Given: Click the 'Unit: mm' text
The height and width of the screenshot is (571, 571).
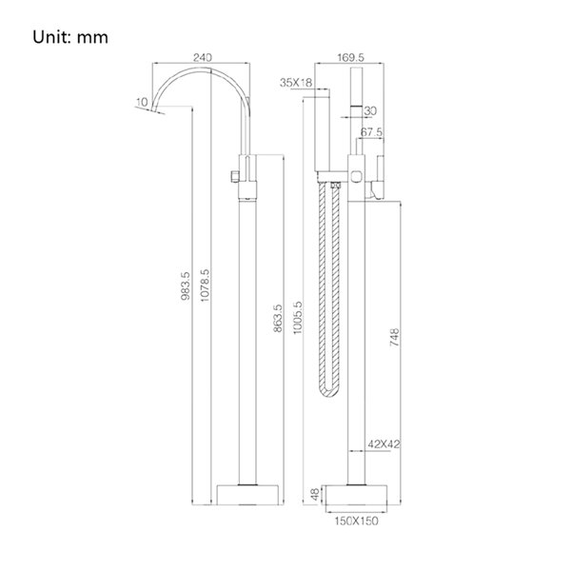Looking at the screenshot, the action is [70, 37].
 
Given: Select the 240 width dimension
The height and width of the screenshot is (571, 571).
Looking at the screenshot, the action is [202, 57].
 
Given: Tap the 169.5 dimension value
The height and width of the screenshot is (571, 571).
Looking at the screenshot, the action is [350, 57].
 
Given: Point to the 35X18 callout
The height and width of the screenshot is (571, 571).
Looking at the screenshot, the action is [296, 83].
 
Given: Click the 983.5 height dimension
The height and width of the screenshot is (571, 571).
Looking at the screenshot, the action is [186, 285].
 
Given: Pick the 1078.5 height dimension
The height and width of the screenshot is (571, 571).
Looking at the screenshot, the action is [205, 285].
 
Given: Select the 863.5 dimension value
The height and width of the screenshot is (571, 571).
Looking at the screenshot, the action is [278, 318].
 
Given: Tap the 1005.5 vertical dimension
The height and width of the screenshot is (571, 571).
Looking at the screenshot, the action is [298, 317].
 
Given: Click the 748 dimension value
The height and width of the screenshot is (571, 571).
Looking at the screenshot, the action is [395, 337].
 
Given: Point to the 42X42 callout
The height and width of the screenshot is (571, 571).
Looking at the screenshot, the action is [384, 443].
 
